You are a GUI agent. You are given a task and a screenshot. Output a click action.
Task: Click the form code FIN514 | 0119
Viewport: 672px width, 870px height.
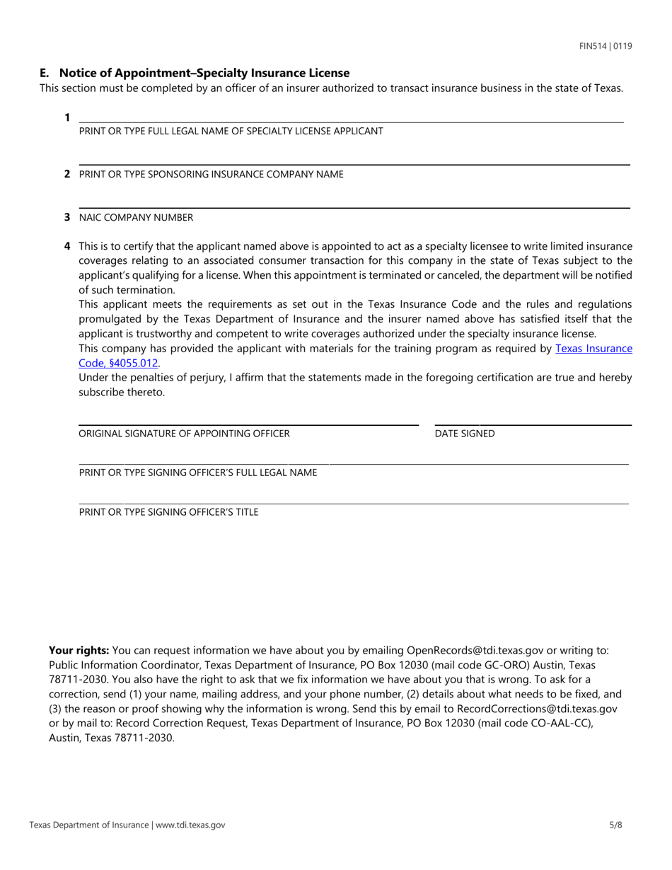coord(605,46)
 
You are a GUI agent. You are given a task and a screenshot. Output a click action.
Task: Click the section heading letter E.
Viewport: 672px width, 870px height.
coord(44,73)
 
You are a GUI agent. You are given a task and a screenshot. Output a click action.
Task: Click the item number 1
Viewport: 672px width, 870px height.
coord(67,117)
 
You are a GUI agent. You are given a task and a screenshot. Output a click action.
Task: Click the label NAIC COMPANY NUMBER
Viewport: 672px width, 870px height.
coord(136,217)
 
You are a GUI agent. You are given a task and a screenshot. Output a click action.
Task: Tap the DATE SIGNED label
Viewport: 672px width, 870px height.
coord(465,434)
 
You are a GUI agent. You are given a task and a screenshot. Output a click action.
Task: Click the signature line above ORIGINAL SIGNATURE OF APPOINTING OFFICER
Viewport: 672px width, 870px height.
coord(248,424)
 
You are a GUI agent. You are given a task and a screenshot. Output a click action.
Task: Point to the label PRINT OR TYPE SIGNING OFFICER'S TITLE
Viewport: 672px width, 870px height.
coord(168,511)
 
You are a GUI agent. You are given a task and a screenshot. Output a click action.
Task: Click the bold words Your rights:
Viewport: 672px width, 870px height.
coord(79,650)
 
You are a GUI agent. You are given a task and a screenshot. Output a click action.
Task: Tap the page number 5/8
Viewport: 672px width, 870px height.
coord(615,825)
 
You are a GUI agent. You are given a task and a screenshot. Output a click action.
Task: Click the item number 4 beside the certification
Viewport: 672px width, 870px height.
coord(67,246)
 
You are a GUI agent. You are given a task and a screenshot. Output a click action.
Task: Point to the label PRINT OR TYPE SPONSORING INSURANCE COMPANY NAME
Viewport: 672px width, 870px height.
coord(211,174)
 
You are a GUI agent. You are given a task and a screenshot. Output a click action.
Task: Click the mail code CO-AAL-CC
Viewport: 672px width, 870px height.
coord(554,723)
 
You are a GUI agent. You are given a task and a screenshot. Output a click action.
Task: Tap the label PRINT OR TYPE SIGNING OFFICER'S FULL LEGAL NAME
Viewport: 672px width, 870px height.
coord(198,472)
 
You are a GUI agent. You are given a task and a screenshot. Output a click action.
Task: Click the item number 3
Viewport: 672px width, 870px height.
coord(67,217)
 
